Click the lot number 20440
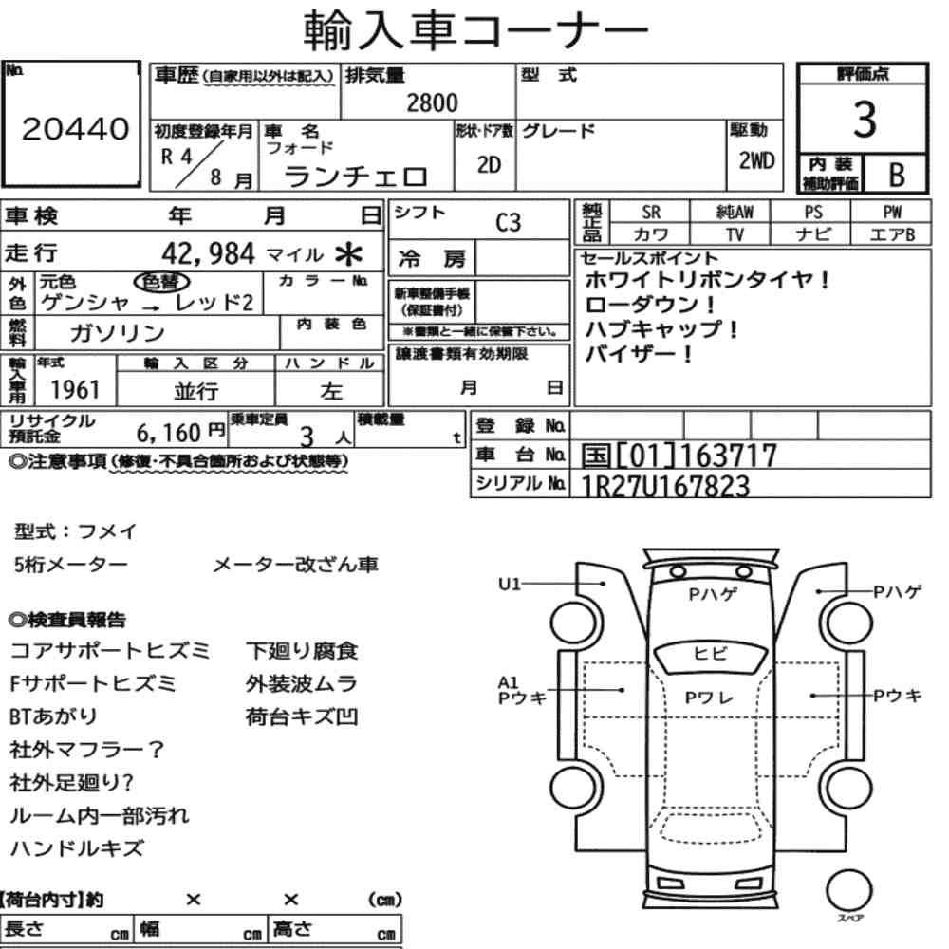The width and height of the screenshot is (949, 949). [76, 129]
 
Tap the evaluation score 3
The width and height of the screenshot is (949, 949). [865, 119]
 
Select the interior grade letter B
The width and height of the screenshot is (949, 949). [897, 175]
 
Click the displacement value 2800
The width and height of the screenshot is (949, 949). [432, 102]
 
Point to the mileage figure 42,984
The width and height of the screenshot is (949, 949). [208, 253]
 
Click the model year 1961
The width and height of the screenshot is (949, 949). [75, 389]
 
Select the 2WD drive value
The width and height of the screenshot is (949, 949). [756, 161]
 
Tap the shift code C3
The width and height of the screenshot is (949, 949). [508, 223]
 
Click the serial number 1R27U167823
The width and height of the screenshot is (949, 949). [664, 486]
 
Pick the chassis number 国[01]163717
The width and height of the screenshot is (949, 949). [679, 456]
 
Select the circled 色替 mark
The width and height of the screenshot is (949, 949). [161, 282]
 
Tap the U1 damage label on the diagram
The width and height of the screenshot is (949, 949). [509, 584]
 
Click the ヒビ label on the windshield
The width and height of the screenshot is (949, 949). [710, 654]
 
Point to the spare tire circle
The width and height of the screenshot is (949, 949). [848, 890]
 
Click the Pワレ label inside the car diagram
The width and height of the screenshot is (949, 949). [709, 698]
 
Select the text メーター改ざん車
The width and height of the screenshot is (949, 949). [295, 565]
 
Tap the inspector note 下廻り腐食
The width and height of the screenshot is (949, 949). [302, 651]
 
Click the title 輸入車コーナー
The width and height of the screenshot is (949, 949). [475, 29]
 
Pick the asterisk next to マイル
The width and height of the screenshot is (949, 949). [348, 254]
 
